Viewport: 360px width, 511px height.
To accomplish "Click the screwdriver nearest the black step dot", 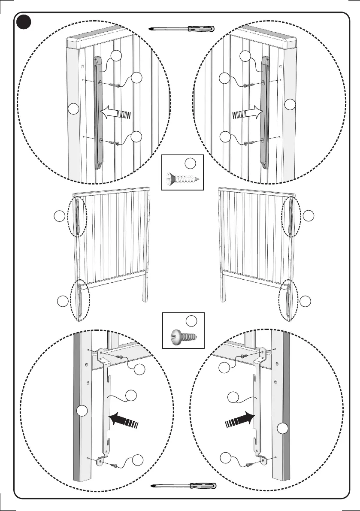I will pos(182,29).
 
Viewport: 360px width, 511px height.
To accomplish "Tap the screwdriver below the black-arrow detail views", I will pos(185,486).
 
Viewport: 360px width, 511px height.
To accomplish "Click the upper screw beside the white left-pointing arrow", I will pos(115,85).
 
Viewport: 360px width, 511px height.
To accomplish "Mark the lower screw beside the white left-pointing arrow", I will pos(115,143).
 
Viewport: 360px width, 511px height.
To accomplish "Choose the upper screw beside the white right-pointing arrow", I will pos(245,85).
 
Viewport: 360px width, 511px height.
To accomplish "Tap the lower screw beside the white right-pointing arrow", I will pos(245,143).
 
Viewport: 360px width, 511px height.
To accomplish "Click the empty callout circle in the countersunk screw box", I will pos(191,163).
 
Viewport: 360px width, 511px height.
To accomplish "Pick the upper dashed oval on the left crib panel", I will pos(79,216).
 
